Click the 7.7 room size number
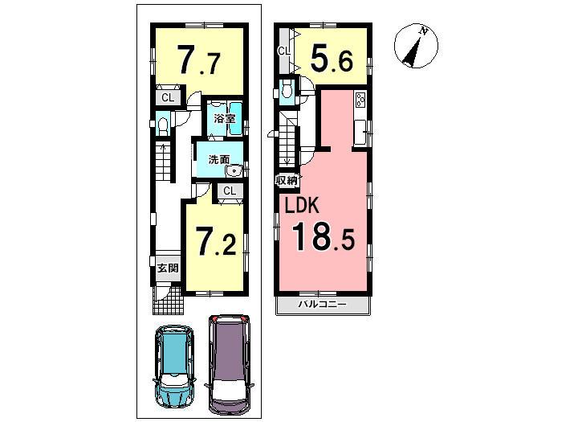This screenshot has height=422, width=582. pos(197,60)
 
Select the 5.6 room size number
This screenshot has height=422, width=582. pos(332,58)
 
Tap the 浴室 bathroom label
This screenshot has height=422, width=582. pos(224,119)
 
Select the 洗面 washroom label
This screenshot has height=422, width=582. pos(219,159)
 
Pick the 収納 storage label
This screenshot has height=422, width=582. pos(287,180)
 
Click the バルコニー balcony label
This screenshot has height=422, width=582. pos(324,305)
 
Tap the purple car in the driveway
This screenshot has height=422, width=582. pos(229,362)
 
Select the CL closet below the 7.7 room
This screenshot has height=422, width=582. pos(168,98)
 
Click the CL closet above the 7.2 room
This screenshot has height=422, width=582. pos(229,191)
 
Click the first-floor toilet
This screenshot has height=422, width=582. pos(162,126)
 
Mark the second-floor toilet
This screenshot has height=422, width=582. pos(287,92)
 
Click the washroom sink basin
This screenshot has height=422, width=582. pos(234,170)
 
